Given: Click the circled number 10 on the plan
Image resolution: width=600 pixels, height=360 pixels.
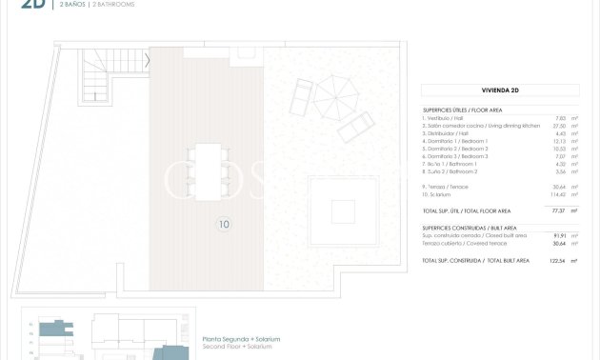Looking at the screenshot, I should tap(223, 226).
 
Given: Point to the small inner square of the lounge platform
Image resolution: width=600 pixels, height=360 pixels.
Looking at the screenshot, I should tap(341, 210).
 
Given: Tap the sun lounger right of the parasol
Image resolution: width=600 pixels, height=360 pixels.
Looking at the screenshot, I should tap(356, 127).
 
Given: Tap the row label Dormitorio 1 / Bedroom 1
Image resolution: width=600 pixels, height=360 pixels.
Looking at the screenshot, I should tap(455, 141).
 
